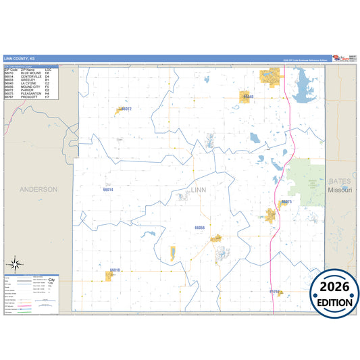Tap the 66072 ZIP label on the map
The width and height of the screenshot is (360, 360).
[x=125, y=109]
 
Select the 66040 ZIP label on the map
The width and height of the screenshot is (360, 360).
[x=249, y=97]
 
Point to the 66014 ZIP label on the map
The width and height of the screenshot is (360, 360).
[x=108, y=190]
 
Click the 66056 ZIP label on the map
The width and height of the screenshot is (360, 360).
[x=199, y=228]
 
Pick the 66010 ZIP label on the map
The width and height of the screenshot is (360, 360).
[x=114, y=269]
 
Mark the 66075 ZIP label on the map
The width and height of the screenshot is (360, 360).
[x=286, y=202]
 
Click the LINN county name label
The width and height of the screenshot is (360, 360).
[x=199, y=190]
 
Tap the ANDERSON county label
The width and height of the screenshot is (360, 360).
[x=38, y=190]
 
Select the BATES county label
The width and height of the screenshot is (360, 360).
[x=340, y=182]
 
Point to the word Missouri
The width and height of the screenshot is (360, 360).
[x=340, y=190]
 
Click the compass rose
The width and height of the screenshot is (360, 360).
[x=17, y=264]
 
